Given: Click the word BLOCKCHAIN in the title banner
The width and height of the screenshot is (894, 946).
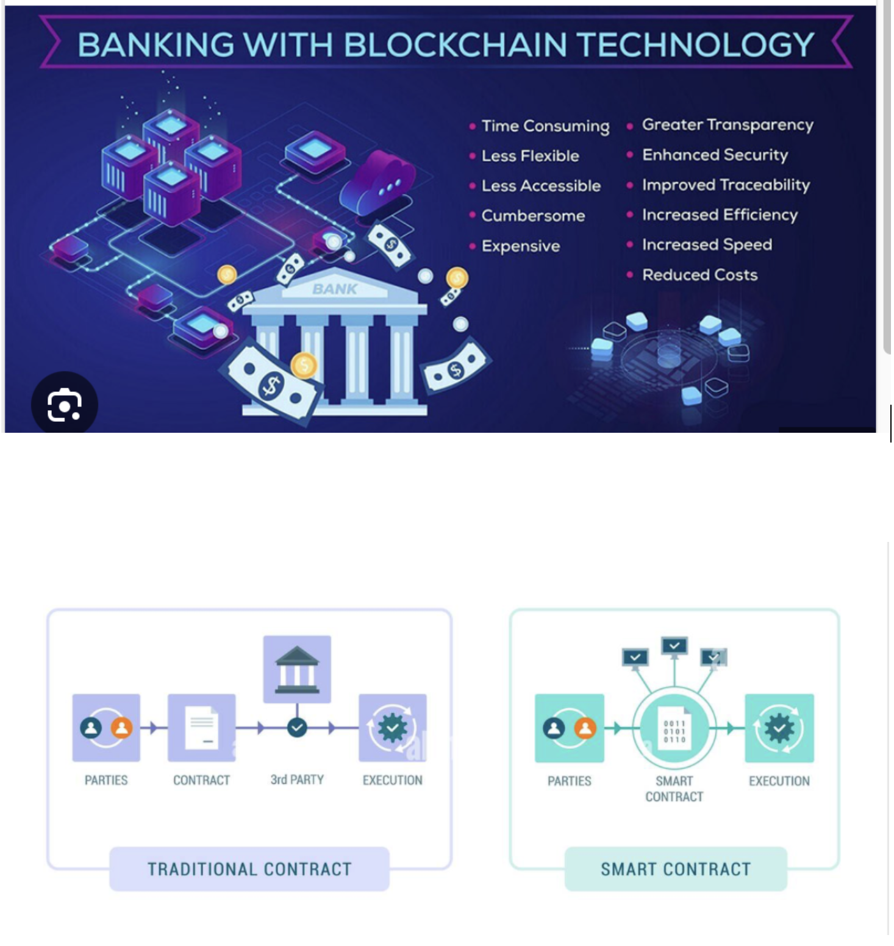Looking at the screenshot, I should tap(455, 44).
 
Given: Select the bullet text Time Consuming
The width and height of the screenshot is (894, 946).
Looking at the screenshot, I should tap(545, 126).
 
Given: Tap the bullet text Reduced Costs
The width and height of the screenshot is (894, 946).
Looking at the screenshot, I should tap(699, 275).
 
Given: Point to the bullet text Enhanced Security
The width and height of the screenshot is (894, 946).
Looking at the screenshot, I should tap(715, 155).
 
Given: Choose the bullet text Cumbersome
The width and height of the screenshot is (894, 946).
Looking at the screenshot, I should tap(533, 216).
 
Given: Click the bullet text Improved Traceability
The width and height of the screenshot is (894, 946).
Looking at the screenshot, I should tap(726, 185).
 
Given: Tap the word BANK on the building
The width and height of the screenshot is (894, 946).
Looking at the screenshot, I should tap(335, 289).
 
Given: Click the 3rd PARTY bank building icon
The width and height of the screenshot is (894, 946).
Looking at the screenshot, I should tap(297, 669).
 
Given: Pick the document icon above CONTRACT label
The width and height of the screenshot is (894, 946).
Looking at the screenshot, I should tap(201, 727).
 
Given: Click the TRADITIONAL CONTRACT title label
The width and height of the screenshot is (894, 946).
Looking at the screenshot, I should tap(249, 869).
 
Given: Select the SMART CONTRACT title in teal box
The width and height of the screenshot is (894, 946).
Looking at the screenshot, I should tap(676, 869).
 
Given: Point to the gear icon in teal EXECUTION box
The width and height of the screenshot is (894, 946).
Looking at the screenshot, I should tap(779, 728).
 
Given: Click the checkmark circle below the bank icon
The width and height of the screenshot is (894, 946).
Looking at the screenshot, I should tap(297, 728).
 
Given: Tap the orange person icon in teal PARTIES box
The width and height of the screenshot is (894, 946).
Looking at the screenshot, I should tap(585, 728).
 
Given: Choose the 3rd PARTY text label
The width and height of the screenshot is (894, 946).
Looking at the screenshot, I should tap(297, 780).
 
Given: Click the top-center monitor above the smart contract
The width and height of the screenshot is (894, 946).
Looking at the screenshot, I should tap(674, 645).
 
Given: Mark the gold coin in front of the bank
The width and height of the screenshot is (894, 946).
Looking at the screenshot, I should tap(304, 366).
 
